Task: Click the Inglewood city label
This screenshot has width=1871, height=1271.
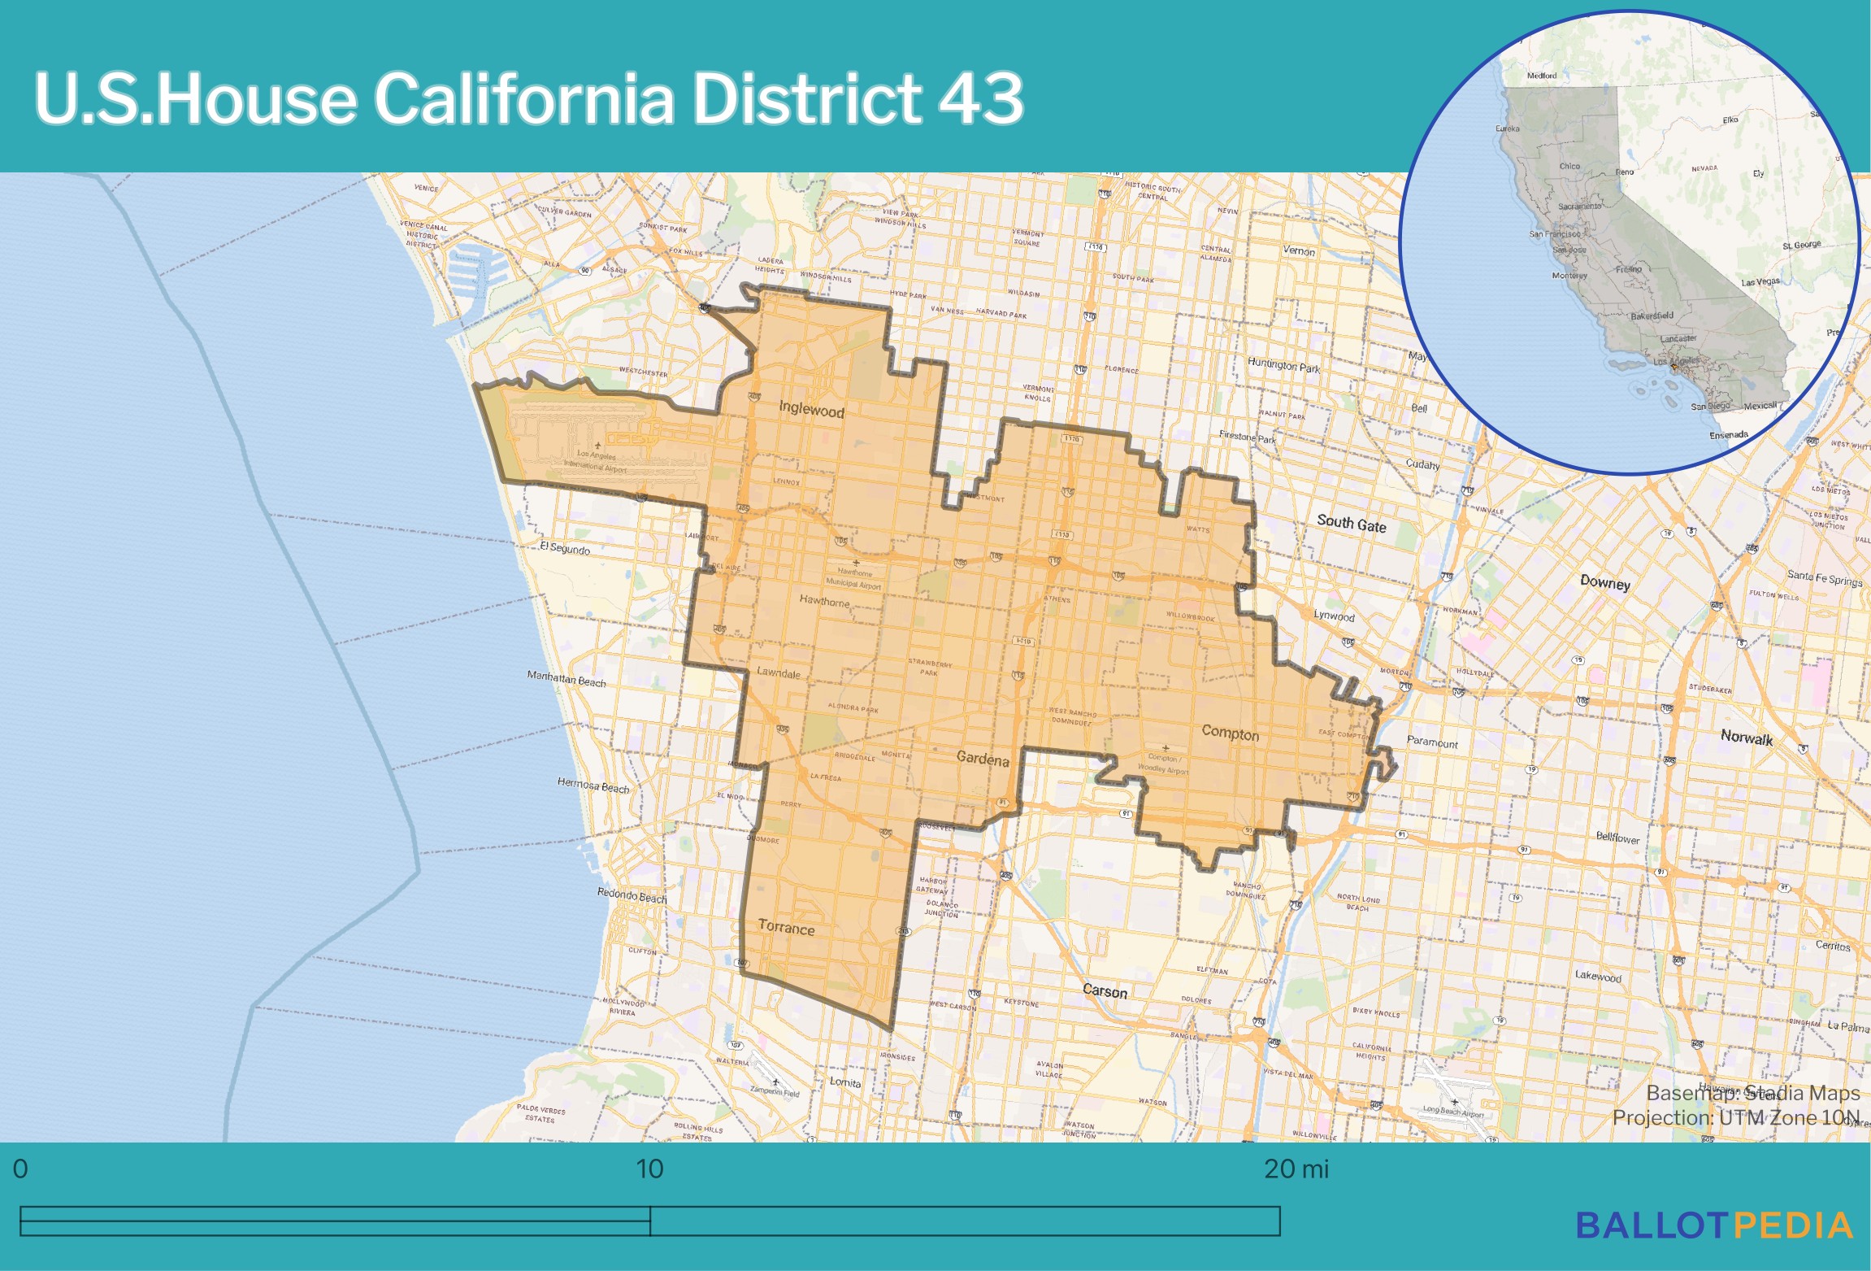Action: (x=811, y=409)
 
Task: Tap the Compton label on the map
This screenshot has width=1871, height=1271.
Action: (x=1230, y=733)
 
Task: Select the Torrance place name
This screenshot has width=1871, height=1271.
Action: (x=786, y=928)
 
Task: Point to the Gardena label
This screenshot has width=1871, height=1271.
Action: (x=983, y=760)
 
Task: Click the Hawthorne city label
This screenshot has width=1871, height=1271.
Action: (x=824, y=602)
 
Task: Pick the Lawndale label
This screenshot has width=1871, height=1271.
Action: (x=779, y=673)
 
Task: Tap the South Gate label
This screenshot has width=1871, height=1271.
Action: (x=1351, y=524)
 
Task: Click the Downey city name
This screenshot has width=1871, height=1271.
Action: (x=1604, y=582)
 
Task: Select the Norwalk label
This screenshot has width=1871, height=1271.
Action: (x=1746, y=738)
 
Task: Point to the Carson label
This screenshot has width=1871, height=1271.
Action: (x=1105, y=991)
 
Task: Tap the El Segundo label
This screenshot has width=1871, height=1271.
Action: (x=565, y=548)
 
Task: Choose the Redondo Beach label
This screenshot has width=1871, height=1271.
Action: (x=632, y=895)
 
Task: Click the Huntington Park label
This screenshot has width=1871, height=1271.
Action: (x=1283, y=365)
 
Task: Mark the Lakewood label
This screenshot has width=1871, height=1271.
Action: (x=1597, y=976)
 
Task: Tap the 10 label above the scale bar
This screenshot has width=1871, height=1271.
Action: (x=649, y=1169)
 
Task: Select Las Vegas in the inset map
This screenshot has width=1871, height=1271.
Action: (x=1760, y=282)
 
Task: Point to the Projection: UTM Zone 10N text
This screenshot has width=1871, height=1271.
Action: (x=1735, y=1118)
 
